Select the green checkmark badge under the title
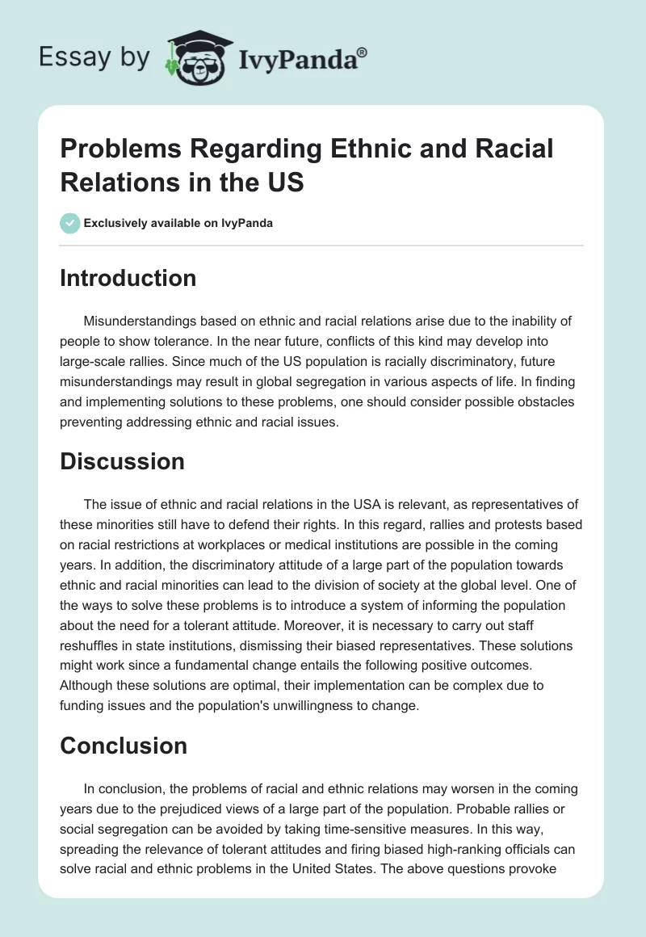(x=70, y=223)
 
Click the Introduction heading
(x=128, y=278)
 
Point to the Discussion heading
(x=122, y=461)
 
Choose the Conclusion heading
(x=124, y=746)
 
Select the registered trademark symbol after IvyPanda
(x=363, y=52)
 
